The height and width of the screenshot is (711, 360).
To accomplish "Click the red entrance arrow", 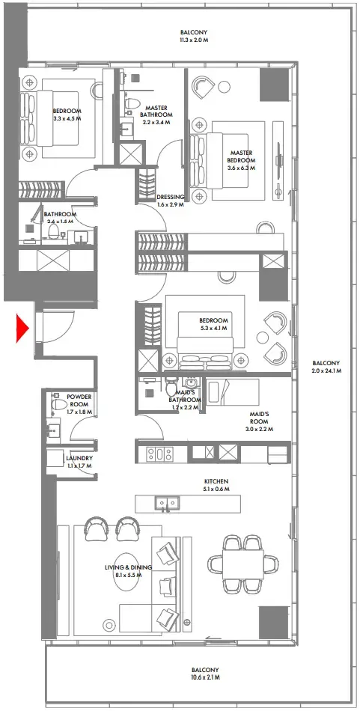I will pos(22,328).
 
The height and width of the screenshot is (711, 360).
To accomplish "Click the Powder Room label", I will pos(79,400).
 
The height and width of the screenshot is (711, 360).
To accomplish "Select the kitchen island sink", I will pos(166,502).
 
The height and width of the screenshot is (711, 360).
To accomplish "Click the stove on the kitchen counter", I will pos(159,453).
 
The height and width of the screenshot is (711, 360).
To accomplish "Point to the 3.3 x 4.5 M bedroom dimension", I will pos(66,118).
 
